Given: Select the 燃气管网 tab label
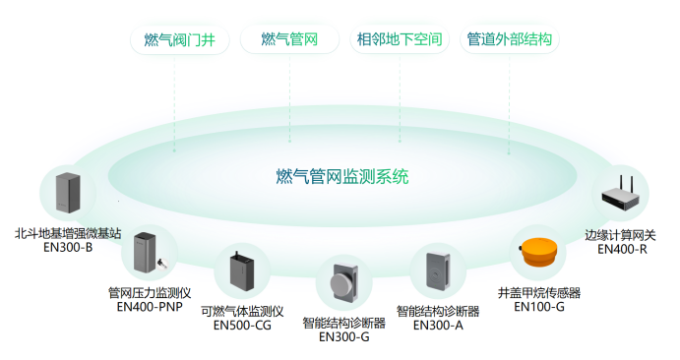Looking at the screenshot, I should tap(288, 40).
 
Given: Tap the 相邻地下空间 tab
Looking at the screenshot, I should tap(400, 40).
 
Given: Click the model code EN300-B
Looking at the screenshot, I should tap(68, 248).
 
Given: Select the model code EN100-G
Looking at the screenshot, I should tap(539, 307).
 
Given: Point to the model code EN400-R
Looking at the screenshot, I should tap(623, 249).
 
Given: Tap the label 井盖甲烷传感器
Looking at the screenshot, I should tap(539, 292).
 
